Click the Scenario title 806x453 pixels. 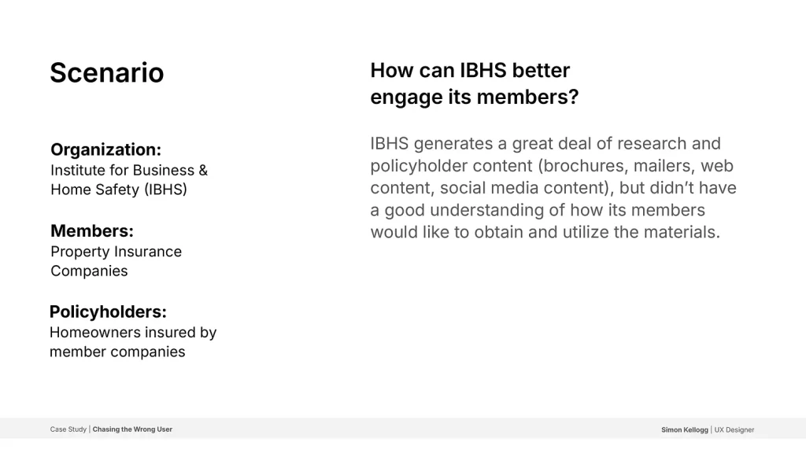[107, 72]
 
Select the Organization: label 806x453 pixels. [106, 149]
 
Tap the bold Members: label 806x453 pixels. [92, 230]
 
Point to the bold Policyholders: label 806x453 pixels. [108, 311]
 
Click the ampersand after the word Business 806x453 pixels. [203, 170]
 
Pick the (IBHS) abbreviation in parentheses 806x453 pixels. [165, 190]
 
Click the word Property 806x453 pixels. [81, 252]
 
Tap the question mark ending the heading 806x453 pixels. [573, 97]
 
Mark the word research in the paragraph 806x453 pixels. [652, 143]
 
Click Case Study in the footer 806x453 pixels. [68, 429]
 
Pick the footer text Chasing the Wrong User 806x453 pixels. [132, 429]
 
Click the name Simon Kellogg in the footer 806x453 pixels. [685, 430]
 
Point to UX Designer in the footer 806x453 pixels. [734, 430]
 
